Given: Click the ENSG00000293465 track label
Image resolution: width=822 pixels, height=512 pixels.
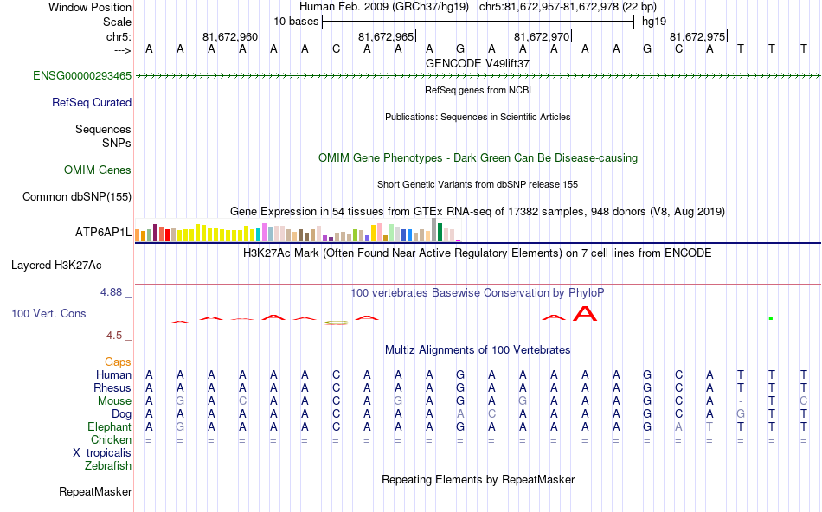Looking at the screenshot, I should [x=82, y=76].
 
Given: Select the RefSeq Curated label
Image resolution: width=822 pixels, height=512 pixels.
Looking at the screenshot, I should [x=92, y=102].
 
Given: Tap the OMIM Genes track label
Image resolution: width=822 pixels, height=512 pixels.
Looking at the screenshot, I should [x=98, y=170].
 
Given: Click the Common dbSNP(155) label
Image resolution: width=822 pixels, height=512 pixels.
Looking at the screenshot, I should [x=77, y=196].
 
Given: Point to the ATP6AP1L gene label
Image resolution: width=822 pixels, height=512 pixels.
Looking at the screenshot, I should [x=103, y=233].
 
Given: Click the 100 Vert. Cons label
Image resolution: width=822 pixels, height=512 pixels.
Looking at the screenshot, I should [x=48, y=313].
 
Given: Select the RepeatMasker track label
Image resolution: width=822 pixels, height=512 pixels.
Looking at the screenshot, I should [x=95, y=492].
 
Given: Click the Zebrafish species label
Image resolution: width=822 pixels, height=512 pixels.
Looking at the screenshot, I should [x=108, y=465].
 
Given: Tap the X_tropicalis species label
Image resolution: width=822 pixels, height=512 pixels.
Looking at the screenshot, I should [x=102, y=452].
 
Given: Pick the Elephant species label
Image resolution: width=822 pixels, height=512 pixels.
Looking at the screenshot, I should [x=109, y=426].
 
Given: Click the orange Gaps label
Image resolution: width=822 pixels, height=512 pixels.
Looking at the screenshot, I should [x=118, y=362].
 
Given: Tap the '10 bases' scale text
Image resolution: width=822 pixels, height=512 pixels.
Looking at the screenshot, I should [x=296, y=20].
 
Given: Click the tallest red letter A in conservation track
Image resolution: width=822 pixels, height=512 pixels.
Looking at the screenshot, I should [x=586, y=312].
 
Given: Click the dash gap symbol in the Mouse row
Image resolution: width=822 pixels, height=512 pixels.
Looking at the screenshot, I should [x=741, y=401].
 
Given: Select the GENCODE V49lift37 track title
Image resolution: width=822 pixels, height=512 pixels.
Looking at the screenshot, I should [x=478, y=63].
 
